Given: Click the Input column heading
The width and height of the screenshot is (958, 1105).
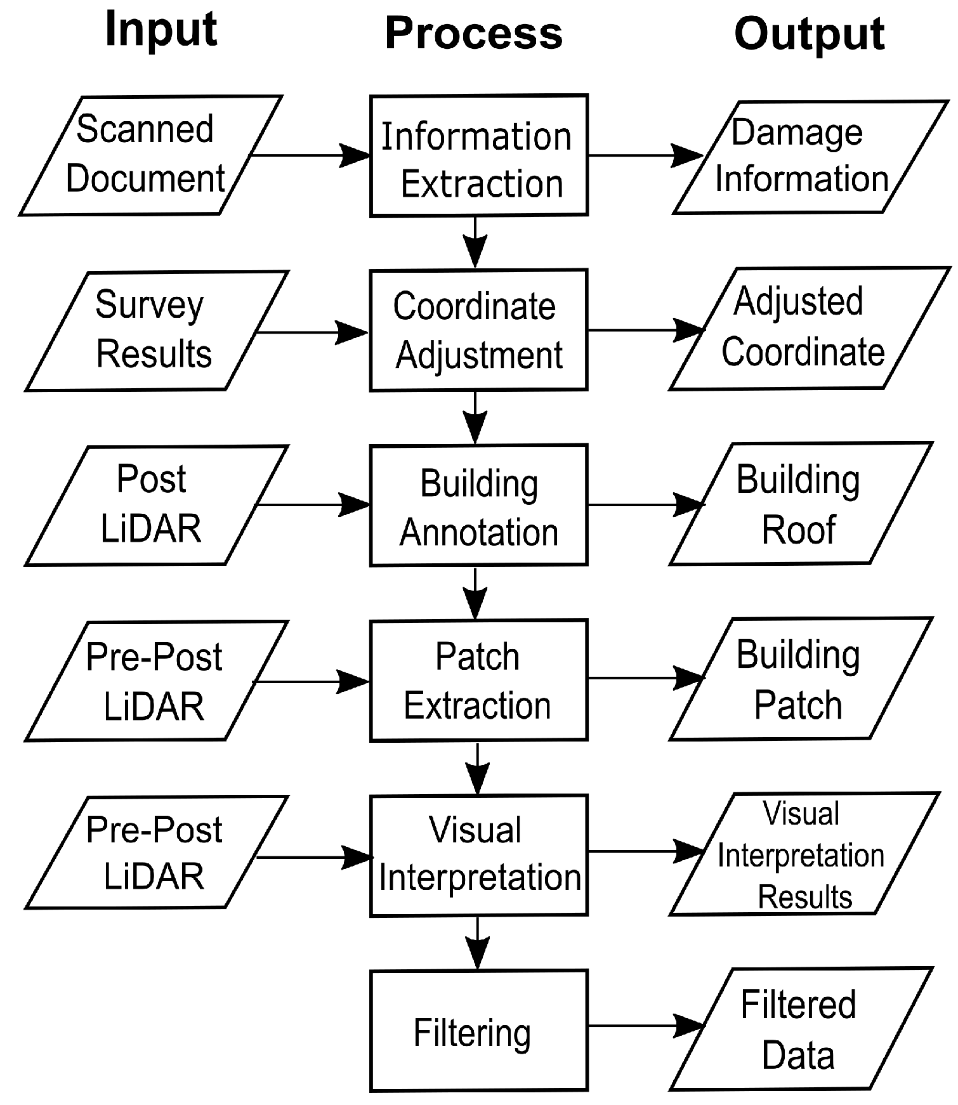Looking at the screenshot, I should click(x=161, y=30).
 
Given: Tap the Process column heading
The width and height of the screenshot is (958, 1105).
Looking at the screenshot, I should click(x=473, y=33).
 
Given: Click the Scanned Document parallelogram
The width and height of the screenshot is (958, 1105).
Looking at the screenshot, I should click(x=149, y=155).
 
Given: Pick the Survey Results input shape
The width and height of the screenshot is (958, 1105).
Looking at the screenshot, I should click(x=155, y=330).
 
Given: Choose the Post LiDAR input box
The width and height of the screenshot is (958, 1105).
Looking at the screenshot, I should click(x=155, y=505).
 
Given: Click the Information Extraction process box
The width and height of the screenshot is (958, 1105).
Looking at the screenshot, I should click(x=478, y=155).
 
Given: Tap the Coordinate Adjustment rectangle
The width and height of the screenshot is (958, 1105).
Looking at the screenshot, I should click(x=478, y=330).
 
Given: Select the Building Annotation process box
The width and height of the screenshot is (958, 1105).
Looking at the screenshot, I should click(x=478, y=505).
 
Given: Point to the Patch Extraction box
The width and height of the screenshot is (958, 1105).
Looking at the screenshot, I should click(x=478, y=680).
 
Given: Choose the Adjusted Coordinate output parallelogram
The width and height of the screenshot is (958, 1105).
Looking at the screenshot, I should click(x=809, y=329).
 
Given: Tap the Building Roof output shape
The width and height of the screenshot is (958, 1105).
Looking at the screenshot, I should click(x=801, y=504).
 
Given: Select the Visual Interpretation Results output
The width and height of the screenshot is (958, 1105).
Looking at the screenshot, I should click(x=803, y=854).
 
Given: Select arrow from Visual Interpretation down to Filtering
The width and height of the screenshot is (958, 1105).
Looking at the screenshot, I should click(x=477, y=943).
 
